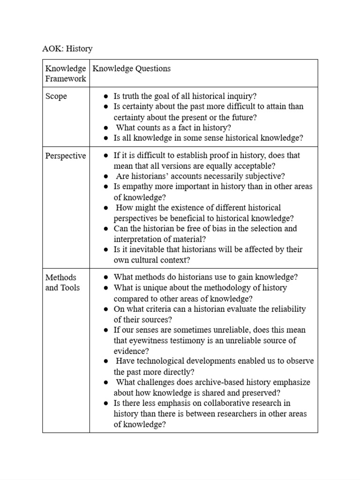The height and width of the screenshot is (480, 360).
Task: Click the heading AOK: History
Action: (67, 49)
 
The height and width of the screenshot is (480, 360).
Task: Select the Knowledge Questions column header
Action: (131, 68)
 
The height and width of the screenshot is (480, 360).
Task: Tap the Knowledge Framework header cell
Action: (66, 74)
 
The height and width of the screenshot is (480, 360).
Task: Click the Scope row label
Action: (56, 96)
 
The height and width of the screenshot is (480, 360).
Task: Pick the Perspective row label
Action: (66, 156)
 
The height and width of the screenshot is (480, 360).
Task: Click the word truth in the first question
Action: (131, 96)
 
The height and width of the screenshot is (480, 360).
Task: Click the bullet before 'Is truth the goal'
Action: (106, 97)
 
